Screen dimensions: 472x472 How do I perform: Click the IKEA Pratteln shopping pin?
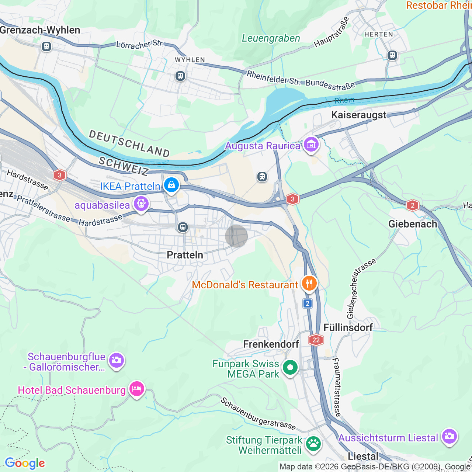[171, 185]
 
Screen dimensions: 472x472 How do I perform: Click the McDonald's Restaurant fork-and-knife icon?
[309, 284]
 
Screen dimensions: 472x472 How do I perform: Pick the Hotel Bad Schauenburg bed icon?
[136, 389]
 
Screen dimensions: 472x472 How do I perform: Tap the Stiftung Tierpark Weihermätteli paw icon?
[313, 444]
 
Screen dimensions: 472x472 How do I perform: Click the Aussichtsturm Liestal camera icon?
[449, 437]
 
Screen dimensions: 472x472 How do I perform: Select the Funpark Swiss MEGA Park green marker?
[290, 368]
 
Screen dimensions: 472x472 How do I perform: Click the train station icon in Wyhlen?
[180, 76]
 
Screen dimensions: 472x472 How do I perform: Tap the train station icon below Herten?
[392, 55]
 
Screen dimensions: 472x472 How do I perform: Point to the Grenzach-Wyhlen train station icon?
[46, 46]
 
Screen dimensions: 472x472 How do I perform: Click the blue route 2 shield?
[308, 303]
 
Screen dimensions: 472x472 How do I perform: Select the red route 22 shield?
[316, 340]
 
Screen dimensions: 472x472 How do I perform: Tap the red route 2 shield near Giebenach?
[412, 205]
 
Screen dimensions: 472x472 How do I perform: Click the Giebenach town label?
[413, 224]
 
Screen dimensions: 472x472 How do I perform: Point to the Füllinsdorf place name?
[348, 327]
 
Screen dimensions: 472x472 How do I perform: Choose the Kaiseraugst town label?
[358, 115]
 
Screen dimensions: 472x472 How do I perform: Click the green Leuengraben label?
[271, 38]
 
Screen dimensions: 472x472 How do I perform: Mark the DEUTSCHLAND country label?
[129, 143]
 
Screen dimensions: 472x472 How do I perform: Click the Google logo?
[25, 463]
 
